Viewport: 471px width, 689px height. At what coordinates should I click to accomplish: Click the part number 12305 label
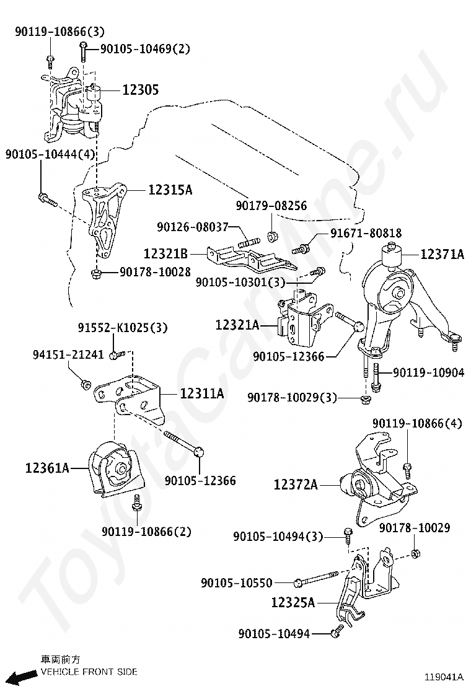[x=140, y=90]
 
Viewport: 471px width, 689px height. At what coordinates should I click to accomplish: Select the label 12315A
[x=170, y=190]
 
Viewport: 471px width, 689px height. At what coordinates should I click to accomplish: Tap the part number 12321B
[x=165, y=253]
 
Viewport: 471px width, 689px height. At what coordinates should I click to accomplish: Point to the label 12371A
[x=442, y=253]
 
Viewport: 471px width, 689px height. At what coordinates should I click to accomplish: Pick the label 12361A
[x=47, y=468]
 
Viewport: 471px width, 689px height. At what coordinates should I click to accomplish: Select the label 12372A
[x=296, y=485]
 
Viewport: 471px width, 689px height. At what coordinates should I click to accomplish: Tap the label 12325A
[x=293, y=602]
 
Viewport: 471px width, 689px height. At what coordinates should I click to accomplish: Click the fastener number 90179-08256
[x=271, y=206]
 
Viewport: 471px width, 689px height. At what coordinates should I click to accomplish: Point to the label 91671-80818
[x=365, y=233]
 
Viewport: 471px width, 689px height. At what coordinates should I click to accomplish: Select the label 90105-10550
[x=236, y=582]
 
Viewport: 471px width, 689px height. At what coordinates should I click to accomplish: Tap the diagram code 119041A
[x=443, y=677]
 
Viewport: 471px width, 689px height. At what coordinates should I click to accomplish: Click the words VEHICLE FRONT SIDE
[x=89, y=672]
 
